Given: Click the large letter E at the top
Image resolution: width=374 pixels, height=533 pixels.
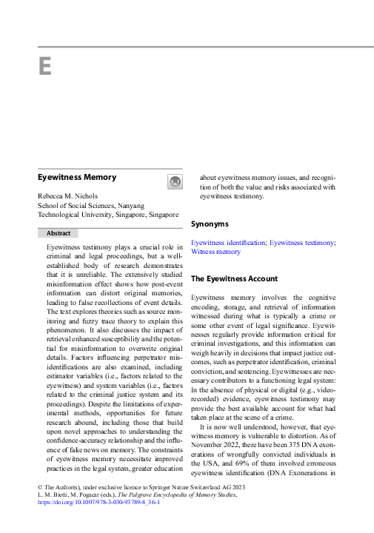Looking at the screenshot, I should (44, 67).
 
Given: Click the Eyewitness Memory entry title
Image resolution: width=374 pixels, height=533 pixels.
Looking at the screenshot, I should (77, 178).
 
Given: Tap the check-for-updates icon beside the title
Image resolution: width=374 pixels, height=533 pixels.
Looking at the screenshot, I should (175, 181).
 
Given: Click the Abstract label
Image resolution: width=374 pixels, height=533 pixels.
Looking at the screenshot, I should (59, 232).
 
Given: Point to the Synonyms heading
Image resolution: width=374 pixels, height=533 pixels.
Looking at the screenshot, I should (210, 224).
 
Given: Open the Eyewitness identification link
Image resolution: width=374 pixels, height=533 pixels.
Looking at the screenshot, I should (228, 242).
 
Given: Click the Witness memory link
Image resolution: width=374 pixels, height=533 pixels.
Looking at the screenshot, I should (216, 252).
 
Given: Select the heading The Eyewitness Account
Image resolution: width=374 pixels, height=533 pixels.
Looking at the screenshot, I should (234, 279).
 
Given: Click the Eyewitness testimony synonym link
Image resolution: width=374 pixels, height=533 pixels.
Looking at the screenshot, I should (301, 242).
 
